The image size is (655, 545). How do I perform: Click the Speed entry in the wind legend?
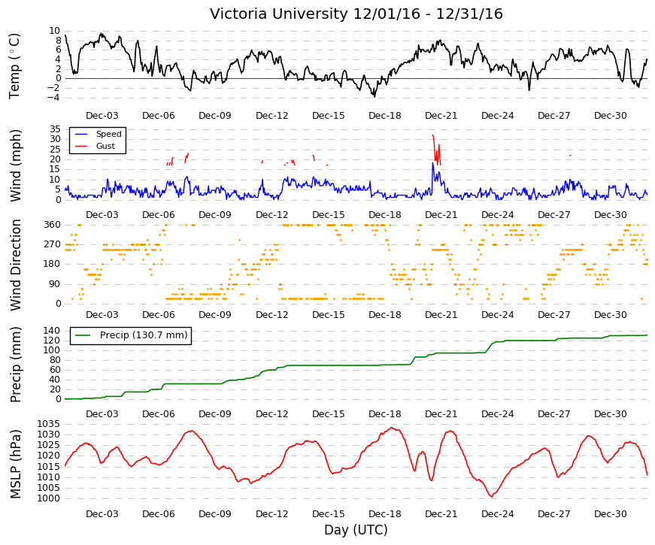point(108,134)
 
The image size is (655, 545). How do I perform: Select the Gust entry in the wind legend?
point(105,146)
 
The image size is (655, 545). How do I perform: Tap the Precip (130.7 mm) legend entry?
point(144,335)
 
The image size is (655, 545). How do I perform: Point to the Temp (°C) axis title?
point(14,66)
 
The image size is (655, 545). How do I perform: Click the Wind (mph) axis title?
point(15,165)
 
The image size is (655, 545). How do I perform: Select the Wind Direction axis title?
point(15,265)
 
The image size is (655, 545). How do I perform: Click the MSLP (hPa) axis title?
point(15,464)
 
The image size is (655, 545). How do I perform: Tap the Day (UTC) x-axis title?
point(356,530)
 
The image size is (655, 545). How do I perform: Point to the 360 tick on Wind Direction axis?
point(52,225)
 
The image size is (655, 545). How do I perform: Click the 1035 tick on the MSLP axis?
point(48,424)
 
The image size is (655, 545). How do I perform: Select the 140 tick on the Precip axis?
point(52,331)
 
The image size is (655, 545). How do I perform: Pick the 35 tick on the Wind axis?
point(55,129)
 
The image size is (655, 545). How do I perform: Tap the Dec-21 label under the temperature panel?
point(441,116)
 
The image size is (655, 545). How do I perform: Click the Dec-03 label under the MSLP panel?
point(102,514)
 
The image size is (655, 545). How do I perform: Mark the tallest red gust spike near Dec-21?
point(433,136)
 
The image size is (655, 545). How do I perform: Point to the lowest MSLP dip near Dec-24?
point(492,496)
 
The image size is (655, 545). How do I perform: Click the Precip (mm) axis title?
point(15,365)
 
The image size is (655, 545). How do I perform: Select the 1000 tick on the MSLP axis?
point(48,498)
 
